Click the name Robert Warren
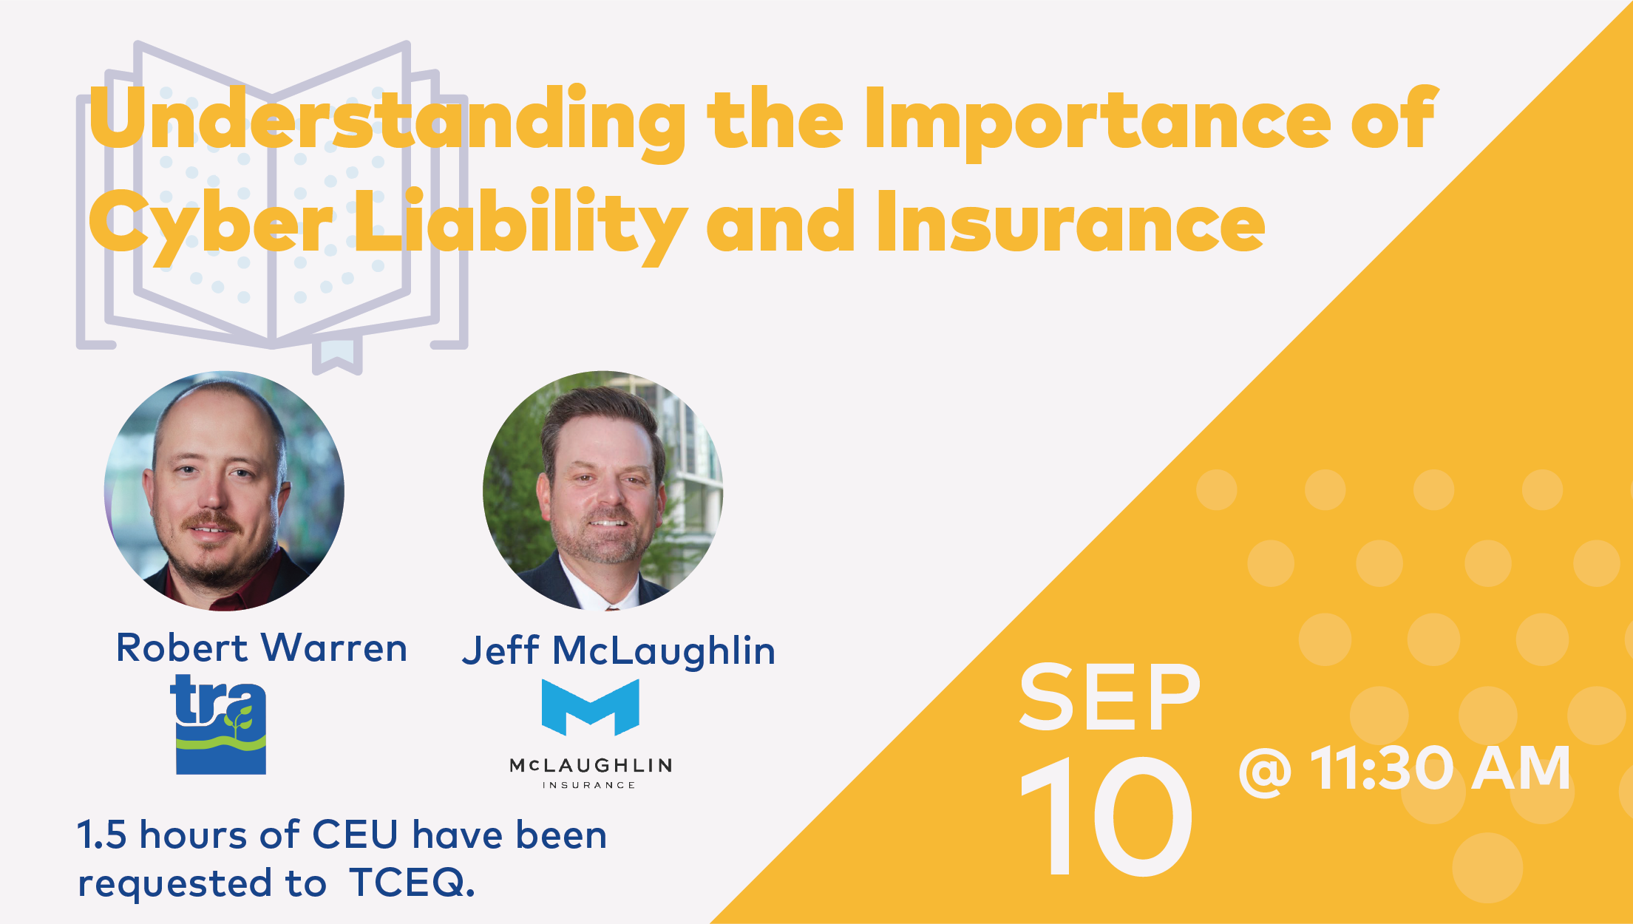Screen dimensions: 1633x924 (x=262, y=648)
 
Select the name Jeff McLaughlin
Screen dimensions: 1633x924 (x=619, y=650)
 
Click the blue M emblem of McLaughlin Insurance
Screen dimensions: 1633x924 (x=591, y=707)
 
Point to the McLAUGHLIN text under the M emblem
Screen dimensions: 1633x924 (x=591, y=765)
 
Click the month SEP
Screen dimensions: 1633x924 (x=1109, y=696)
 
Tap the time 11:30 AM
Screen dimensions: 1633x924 (x=1440, y=768)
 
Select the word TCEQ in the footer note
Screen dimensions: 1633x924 (x=412, y=883)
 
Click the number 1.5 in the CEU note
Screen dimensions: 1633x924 (x=102, y=835)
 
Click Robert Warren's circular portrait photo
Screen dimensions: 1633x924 (x=224, y=491)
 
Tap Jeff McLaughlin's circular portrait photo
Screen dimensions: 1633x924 (x=603, y=491)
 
